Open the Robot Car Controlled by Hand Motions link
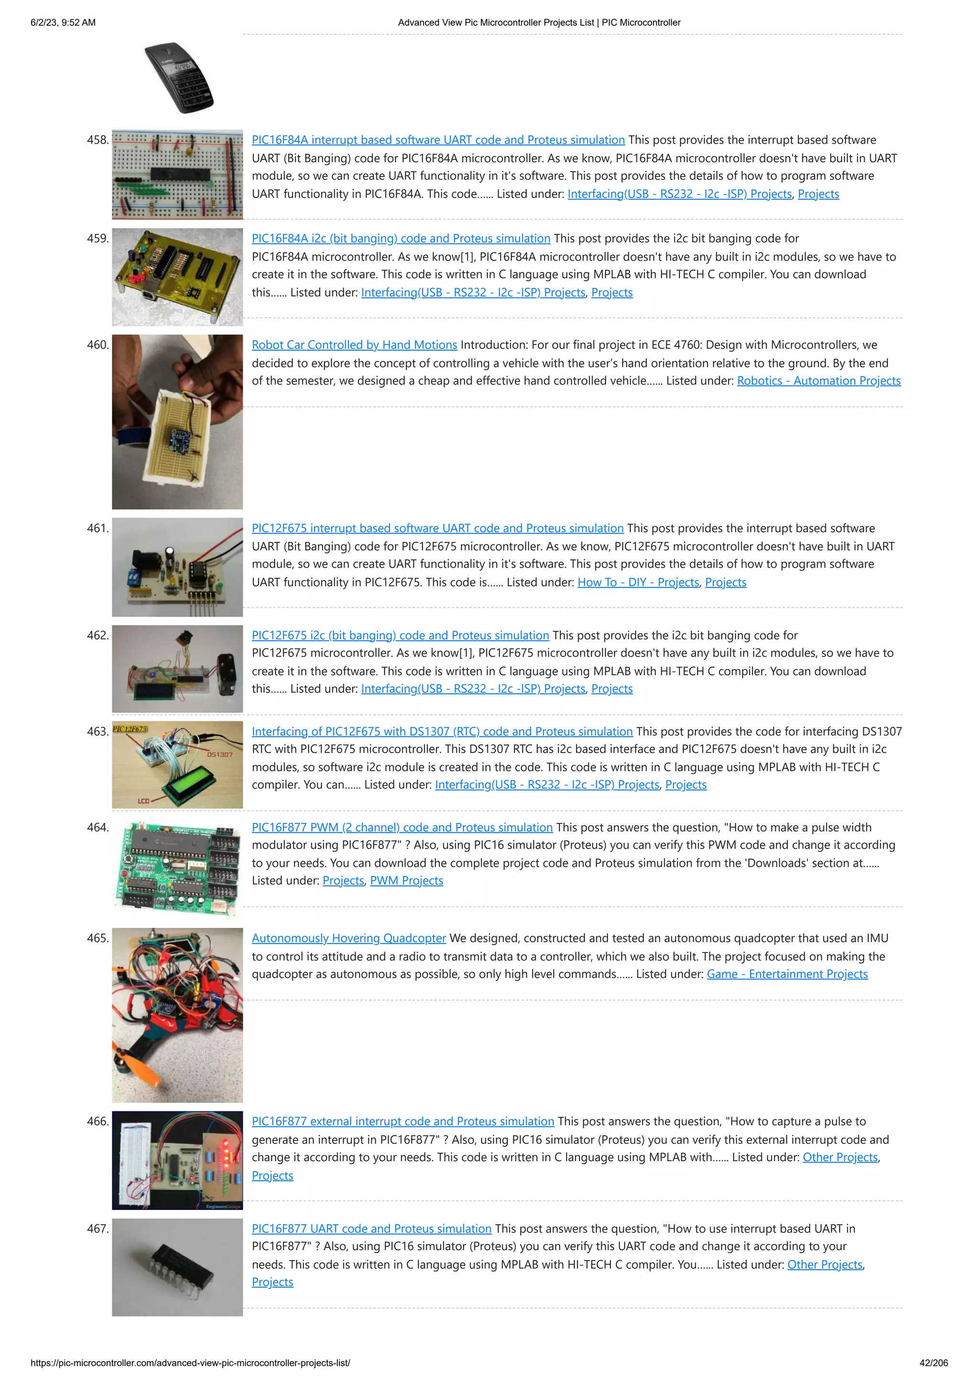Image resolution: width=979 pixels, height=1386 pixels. point(354,344)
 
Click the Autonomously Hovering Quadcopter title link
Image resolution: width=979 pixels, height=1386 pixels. point(348,938)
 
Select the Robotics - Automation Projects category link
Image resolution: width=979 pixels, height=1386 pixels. point(818,380)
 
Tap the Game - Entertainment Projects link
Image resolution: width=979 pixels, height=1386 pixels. point(787,974)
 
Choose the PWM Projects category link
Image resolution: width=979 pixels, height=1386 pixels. point(406,880)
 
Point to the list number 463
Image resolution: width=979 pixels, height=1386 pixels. point(98,731)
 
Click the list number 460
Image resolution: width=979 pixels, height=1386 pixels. point(98,344)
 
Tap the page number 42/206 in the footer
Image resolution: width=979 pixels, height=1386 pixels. point(933,1363)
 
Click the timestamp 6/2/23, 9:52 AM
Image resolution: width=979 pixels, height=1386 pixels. point(63,22)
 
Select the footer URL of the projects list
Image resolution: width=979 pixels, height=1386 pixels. point(190,1363)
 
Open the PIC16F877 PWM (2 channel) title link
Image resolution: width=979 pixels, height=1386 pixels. point(402,827)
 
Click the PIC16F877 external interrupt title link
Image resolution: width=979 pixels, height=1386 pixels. point(402,1121)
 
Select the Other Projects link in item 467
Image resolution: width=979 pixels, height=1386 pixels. point(825,1264)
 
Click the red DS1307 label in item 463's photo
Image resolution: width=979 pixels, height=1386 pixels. point(219,754)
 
